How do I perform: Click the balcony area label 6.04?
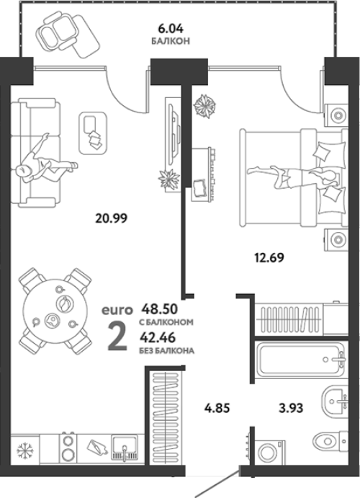[x=171, y=29]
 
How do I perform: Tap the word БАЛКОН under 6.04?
[x=171, y=41]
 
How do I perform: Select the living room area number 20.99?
[x=112, y=218]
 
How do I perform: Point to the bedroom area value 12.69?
[x=269, y=257]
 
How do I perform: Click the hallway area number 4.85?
[x=217, y=408]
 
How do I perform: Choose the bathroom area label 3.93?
[x=291, y=408]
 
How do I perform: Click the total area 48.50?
[x=160, y=308]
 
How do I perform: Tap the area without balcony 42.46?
[x=158, y=337]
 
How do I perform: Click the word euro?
[x=117, y=310]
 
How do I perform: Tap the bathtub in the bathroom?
[x=301, y=360]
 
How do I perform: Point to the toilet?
[x=330, y=441]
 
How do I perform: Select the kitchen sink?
[x=125, y=448]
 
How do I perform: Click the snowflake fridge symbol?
[x=24, y=451]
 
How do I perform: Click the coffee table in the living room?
[x=93, y=133]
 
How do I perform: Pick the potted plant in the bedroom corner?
[x=204, y=106]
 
